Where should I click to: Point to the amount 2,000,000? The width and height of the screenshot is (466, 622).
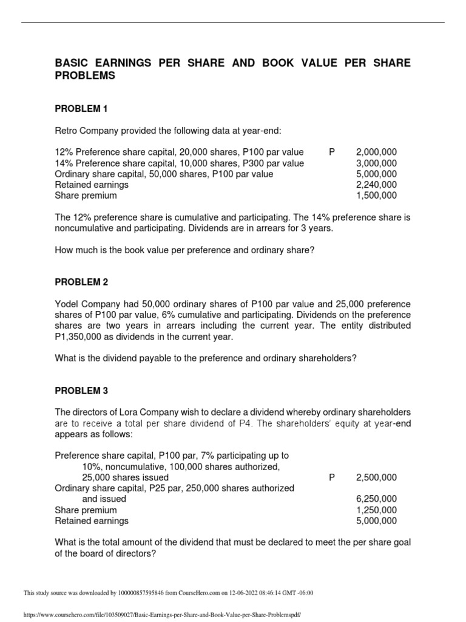click(x=376, y=152)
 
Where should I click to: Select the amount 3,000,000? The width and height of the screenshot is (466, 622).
click(x=376, y=163)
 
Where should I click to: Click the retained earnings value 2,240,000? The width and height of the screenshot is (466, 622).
click(x=376, y=185)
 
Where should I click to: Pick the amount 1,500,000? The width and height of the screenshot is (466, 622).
click(x=376, y=196)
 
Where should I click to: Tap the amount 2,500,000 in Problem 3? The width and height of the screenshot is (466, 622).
click(x=376, y=477)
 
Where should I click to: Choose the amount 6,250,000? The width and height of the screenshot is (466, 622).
click(x=376, y=499)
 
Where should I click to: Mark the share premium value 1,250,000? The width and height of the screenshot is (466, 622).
click(x=376, y=510)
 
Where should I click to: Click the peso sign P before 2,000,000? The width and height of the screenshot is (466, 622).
click(x=332, y=152)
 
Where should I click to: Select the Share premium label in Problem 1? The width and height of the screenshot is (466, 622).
click(x=86, y=196)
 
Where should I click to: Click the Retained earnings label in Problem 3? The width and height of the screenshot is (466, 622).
click(x=92, y=521)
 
